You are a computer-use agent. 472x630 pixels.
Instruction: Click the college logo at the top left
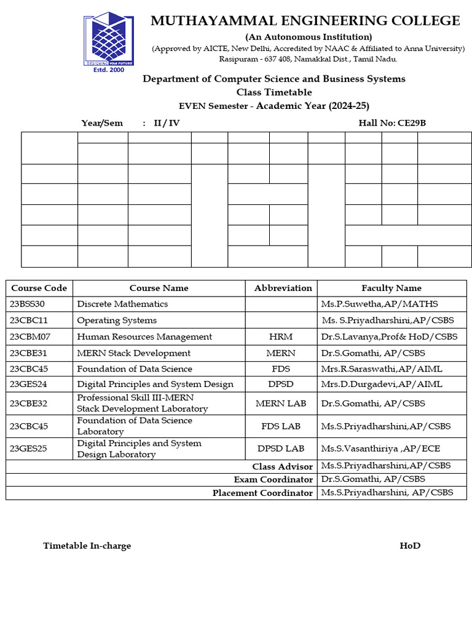[x=109, y=38]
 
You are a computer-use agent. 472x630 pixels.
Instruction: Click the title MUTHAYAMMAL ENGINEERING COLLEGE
[x=305, y=21]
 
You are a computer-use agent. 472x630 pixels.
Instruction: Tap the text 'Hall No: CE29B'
[x=391, y=123]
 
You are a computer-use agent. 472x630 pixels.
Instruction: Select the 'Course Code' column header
[x=39, y=288]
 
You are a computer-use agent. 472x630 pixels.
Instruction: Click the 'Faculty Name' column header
[x=391, y=288]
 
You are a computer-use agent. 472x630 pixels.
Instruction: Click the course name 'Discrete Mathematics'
[x=122, y=304]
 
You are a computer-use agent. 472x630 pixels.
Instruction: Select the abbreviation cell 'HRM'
[x=281, y=337]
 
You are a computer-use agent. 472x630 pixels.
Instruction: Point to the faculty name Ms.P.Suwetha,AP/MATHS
[x=379, y=304]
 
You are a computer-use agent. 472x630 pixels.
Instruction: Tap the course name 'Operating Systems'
[x=117, y=321]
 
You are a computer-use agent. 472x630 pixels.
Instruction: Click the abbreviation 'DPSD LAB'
[x=281, y=449]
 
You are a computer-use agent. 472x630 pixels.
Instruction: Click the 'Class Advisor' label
[x=282, y=467]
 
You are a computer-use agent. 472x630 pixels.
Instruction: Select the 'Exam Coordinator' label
[x=273, y=480]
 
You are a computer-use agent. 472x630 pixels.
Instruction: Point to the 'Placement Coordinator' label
[x=262, y=493]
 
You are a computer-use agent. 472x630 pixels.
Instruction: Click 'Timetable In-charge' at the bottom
[x=87, y=546]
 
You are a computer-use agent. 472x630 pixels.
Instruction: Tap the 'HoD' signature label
[x=410, y=546]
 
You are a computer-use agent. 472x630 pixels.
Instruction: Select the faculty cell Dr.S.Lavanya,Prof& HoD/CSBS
[x=389, y=337]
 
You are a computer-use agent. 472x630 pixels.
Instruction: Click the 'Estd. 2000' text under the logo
[x=108, y=70]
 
